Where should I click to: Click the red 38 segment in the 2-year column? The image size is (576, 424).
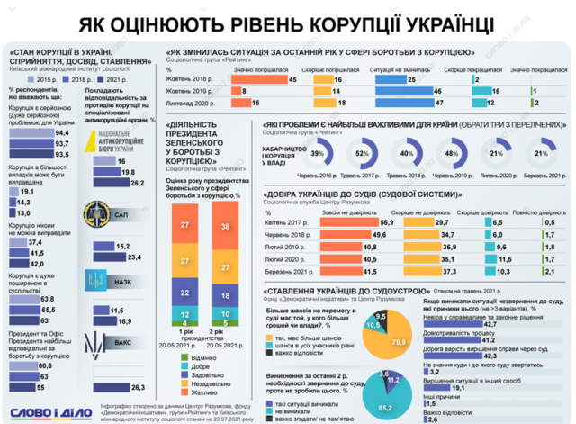[x=225, y=229]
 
